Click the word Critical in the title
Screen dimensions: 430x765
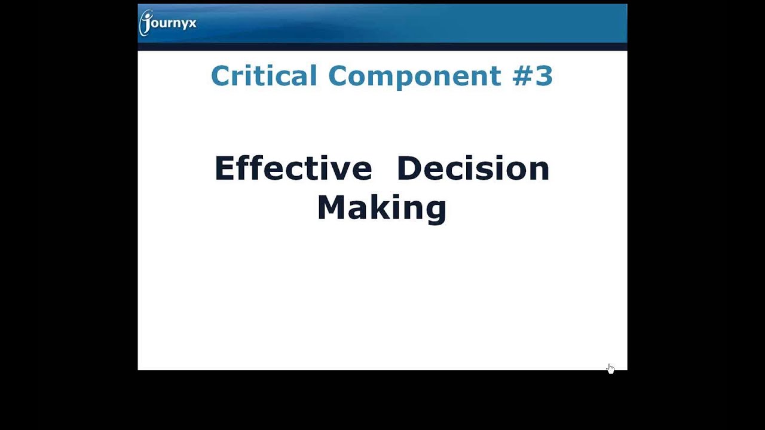point(264,76)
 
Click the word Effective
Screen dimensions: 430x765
point(293,168)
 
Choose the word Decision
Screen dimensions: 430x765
point(473,168)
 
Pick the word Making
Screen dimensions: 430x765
point(381,208)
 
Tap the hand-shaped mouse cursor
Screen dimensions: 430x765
point(610,368)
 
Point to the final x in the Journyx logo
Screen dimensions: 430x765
point(192,24)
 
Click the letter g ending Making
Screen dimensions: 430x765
point(436,210)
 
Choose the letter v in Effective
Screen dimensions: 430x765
point(341,170)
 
